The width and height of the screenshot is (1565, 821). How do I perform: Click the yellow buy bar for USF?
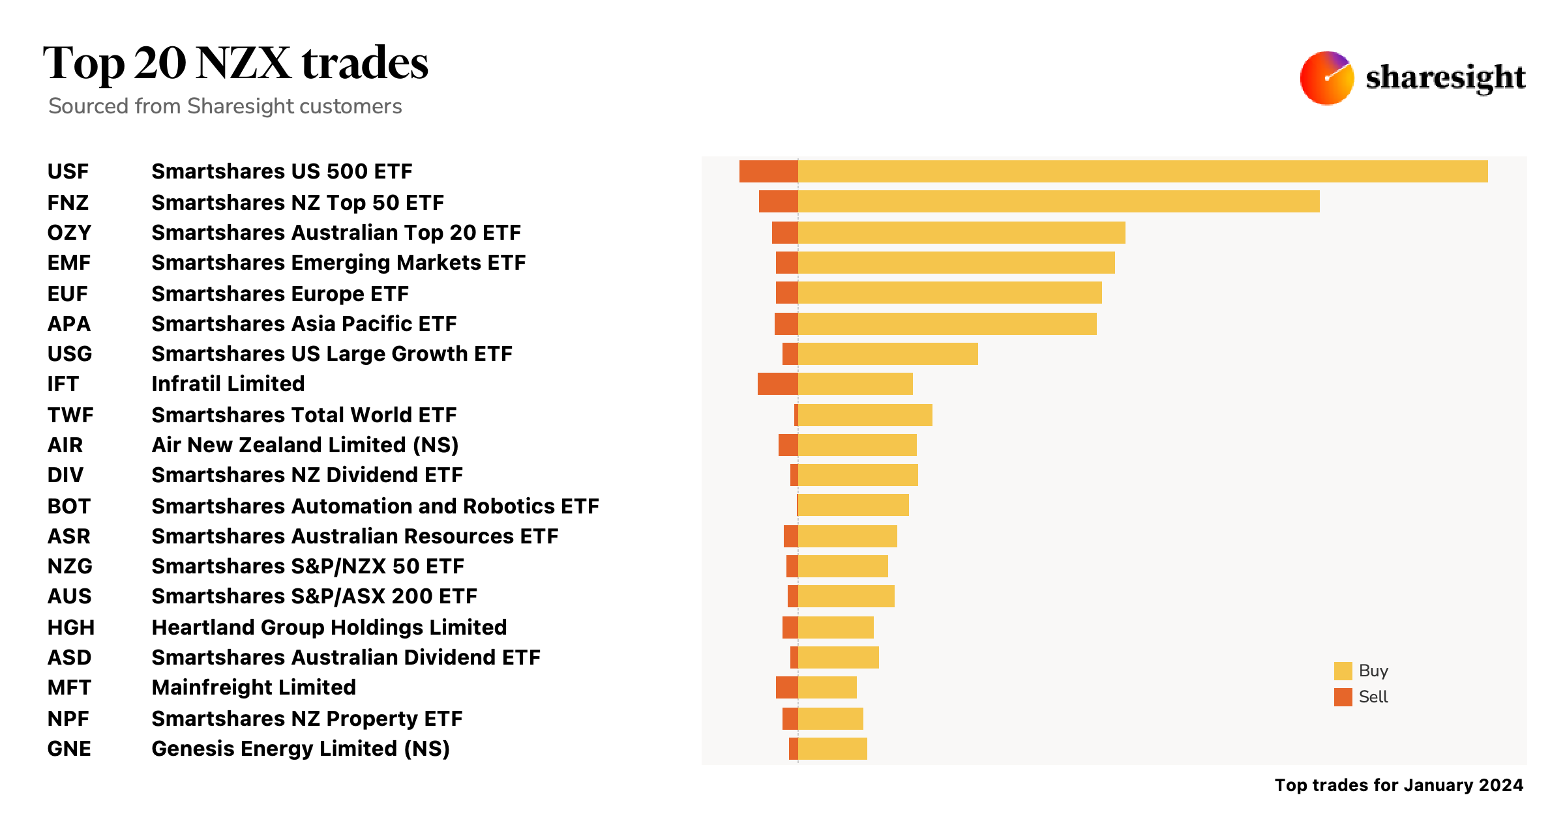click(x=1142, y=171)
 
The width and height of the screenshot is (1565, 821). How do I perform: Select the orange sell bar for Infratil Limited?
click(x=777, y=384)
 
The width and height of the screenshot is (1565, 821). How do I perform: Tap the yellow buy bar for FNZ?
click(x=1058, y=201)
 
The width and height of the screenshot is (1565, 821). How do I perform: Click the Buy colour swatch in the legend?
click(x=1343, y=671)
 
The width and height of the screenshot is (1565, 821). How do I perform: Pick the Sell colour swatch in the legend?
click(x=1343, y=697)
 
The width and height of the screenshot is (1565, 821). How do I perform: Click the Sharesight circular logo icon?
click(x=1326, y=78)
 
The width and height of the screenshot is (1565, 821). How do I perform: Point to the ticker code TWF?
click(x=70, y=415)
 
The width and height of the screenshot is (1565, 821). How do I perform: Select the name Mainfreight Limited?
click(x=254, y=687)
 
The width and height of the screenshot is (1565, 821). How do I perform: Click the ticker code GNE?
click(x=69, y=749)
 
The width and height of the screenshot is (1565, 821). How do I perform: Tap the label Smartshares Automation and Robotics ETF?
click(x=375, y=506)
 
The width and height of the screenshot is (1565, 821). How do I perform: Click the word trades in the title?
click(x=365, y=63)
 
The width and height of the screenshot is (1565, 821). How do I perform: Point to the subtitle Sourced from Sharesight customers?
click(x=225, y=106)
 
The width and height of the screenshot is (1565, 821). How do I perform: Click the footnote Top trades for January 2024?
click(x=1399, y=785)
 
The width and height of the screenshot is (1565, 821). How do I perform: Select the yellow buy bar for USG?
click(x=887, y=354)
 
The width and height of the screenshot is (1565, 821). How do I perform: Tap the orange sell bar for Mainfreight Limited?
click(x=786, y=687)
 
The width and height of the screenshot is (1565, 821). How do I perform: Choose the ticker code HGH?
click(x=71, y=627)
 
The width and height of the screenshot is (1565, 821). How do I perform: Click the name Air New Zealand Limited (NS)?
click(x=305, y=445)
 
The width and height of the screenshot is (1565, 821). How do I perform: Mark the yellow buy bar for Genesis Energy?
click(x=832, y=749)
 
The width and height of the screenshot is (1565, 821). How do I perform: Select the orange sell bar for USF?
click(x=768, y=171)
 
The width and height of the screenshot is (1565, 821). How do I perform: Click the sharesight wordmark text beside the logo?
click(x=1445, y=78)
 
